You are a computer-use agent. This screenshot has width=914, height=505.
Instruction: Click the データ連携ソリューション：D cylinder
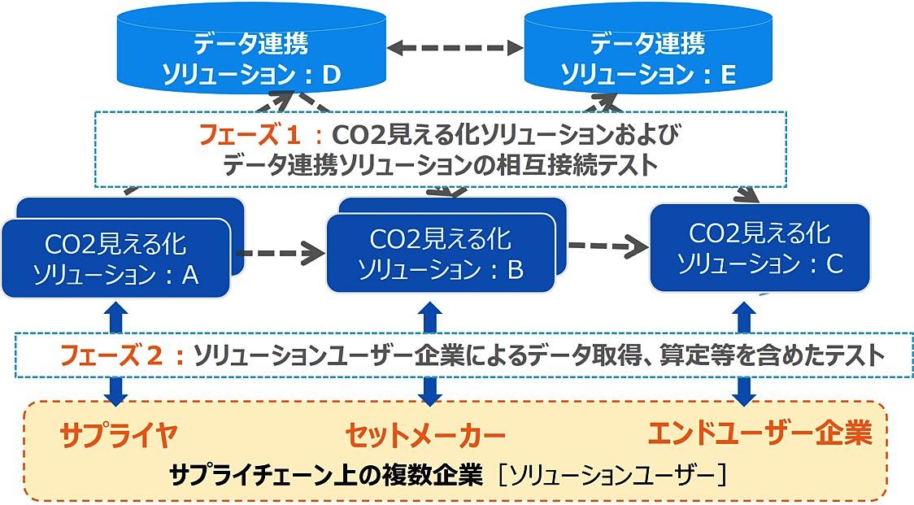(x=252, y=50)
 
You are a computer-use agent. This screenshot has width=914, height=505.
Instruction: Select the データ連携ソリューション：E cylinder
(x=648, y=50)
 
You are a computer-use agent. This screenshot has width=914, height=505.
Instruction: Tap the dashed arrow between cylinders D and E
(x=455, y=48)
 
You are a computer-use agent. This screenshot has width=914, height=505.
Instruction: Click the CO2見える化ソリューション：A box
(x=116, y=258)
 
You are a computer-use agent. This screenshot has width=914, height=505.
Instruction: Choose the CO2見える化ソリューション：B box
(x=441, y=253)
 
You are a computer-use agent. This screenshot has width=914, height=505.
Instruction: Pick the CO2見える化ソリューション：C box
(x=760, y=248)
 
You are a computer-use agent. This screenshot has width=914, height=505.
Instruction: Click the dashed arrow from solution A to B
(x=280, y=253)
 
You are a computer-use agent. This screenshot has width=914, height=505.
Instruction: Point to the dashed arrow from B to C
(x=607, y=246)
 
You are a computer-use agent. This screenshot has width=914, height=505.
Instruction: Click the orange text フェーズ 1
(x=250, y=135)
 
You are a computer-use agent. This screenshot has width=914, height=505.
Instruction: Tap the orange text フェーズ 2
(x=111, y=355)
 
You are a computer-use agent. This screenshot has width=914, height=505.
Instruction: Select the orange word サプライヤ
(x=119, y=433)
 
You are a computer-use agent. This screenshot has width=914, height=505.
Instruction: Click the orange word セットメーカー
(x=425, y=435)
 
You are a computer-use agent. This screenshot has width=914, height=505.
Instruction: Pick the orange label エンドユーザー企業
(x=760, y=433)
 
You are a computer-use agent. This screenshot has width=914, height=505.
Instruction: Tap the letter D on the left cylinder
(x=331, y=75)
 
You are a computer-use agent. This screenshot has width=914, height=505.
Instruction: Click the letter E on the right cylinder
(x=728, y=75)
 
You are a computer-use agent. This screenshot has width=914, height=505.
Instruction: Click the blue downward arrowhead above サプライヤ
(x=116, y=398)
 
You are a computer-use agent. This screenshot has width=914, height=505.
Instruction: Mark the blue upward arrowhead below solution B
(x=430, y=309)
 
